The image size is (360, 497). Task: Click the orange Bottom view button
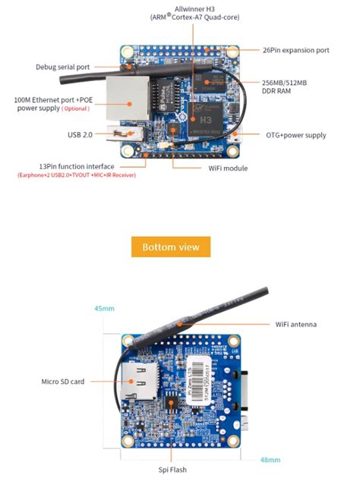(170, 247)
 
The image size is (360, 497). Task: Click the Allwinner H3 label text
(195, 8)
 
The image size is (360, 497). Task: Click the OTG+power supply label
(295, 135)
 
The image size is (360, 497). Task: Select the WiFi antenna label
(295, 324)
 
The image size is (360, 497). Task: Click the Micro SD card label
(62, 381)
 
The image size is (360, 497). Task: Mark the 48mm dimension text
(270, 459)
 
